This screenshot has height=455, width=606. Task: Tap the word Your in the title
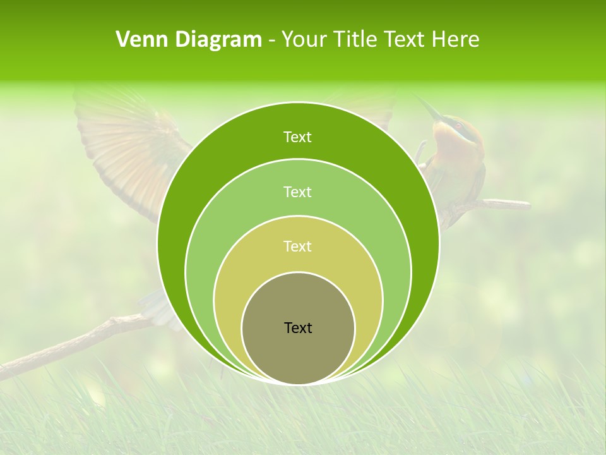pos(304,40)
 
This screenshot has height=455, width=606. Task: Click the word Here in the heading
pos(455,40)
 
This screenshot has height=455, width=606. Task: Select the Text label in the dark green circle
pos(297,137)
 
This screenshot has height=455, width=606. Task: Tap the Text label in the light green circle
pos(297,191)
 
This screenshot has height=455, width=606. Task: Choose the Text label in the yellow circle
pos(297,246)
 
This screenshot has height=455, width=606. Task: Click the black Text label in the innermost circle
pos(298,328)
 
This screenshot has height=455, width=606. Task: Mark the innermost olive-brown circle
pos(298,354)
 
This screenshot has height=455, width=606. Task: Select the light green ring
pos(208,253)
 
